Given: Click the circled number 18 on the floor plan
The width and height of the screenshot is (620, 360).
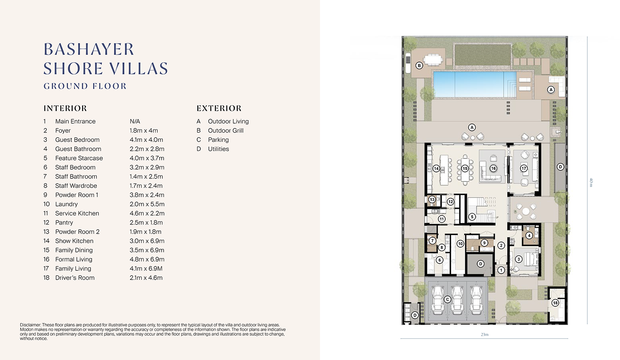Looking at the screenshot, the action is tap(555, 303).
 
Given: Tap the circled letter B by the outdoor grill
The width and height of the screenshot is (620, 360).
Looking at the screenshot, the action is tap(419, 66).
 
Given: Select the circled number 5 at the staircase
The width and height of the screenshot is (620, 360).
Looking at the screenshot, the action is tap(472, 217).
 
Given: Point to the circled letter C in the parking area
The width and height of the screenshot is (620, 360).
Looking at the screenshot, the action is tap(447, 299).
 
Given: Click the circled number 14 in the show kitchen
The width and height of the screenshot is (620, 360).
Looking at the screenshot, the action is tap(436, 168).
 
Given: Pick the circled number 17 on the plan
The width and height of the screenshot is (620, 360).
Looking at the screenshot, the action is tap(524, 168).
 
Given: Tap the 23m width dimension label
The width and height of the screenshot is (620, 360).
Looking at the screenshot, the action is tap(485, 334).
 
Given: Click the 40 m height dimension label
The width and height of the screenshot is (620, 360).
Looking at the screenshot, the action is tap(591, 182).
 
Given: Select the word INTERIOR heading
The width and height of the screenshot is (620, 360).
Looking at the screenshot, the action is tap(65, 108).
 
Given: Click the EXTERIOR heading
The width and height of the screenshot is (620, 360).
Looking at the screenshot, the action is tap(219, 108).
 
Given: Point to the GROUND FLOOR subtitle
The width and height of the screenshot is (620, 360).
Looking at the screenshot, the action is tap(85, 86).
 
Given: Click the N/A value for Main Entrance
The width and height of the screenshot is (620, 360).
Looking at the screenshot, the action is tap(135, 122).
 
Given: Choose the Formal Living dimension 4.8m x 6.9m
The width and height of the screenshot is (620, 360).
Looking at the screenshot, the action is tap(147, 259).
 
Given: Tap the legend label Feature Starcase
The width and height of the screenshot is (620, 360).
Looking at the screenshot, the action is tap(79, 158).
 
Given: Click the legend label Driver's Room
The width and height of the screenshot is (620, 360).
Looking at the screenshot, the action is tap(75, 278).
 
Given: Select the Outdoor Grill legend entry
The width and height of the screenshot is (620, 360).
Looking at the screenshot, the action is tap(226, 131).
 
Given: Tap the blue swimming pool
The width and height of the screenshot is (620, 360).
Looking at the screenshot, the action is tap(475, 84).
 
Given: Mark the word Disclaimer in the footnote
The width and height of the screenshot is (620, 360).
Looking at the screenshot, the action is tap(30, 325).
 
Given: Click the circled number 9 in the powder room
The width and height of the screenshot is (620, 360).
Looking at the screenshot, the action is tap(484, 243).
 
